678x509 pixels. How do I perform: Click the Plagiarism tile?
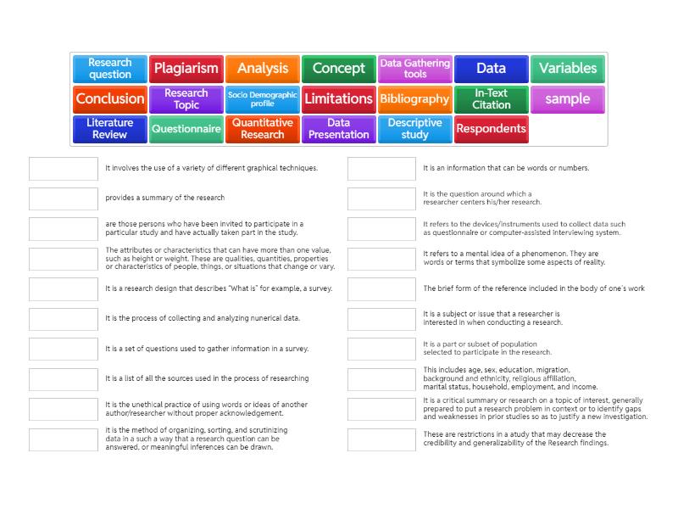pyautogui.click(x=186, y=69)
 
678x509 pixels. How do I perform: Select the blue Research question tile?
pyautogui.click(x=110, y=69)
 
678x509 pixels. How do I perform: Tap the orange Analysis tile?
pyautogui.click(x=262, y=69)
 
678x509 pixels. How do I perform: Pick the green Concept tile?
pyautogui.click(x=338, y=69)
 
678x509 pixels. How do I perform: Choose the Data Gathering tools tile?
pyautogui.click(x=414, y=69)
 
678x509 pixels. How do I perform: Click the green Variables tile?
pyautogui.click(x=567, y=69)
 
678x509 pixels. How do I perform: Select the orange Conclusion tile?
pyautogui.click(x=110, y=98)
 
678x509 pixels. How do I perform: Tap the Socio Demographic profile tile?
pyautogui.click(x=262, y=98)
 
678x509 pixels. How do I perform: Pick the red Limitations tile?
pyautogui.click(x=338, y=98)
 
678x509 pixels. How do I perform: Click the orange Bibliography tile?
pyautogui.click(x=414, y=98)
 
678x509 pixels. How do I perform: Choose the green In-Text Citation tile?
pyautogui.click(x=491, y=98)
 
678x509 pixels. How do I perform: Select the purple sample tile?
pyautogui.click(x=567, y=98)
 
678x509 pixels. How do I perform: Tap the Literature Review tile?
pyautogui.click(x=110, y=129)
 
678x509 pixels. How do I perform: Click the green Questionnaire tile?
pyautogui.click(x=186, y=129)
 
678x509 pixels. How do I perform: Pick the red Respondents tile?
pyautogui.click(x=491, y=129)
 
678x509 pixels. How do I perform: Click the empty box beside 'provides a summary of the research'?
pyautogui.click(x=64, y=199)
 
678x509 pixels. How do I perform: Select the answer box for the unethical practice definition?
pyautogui.click(x=64, y=409)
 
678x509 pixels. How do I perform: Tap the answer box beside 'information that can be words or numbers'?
pyautogui.click(x=381, y=169)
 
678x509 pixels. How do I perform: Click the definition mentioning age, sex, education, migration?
pyautogui.click(x=509, y=378)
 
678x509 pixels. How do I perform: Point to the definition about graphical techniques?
pyautogui.click(x=211, y=168)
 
